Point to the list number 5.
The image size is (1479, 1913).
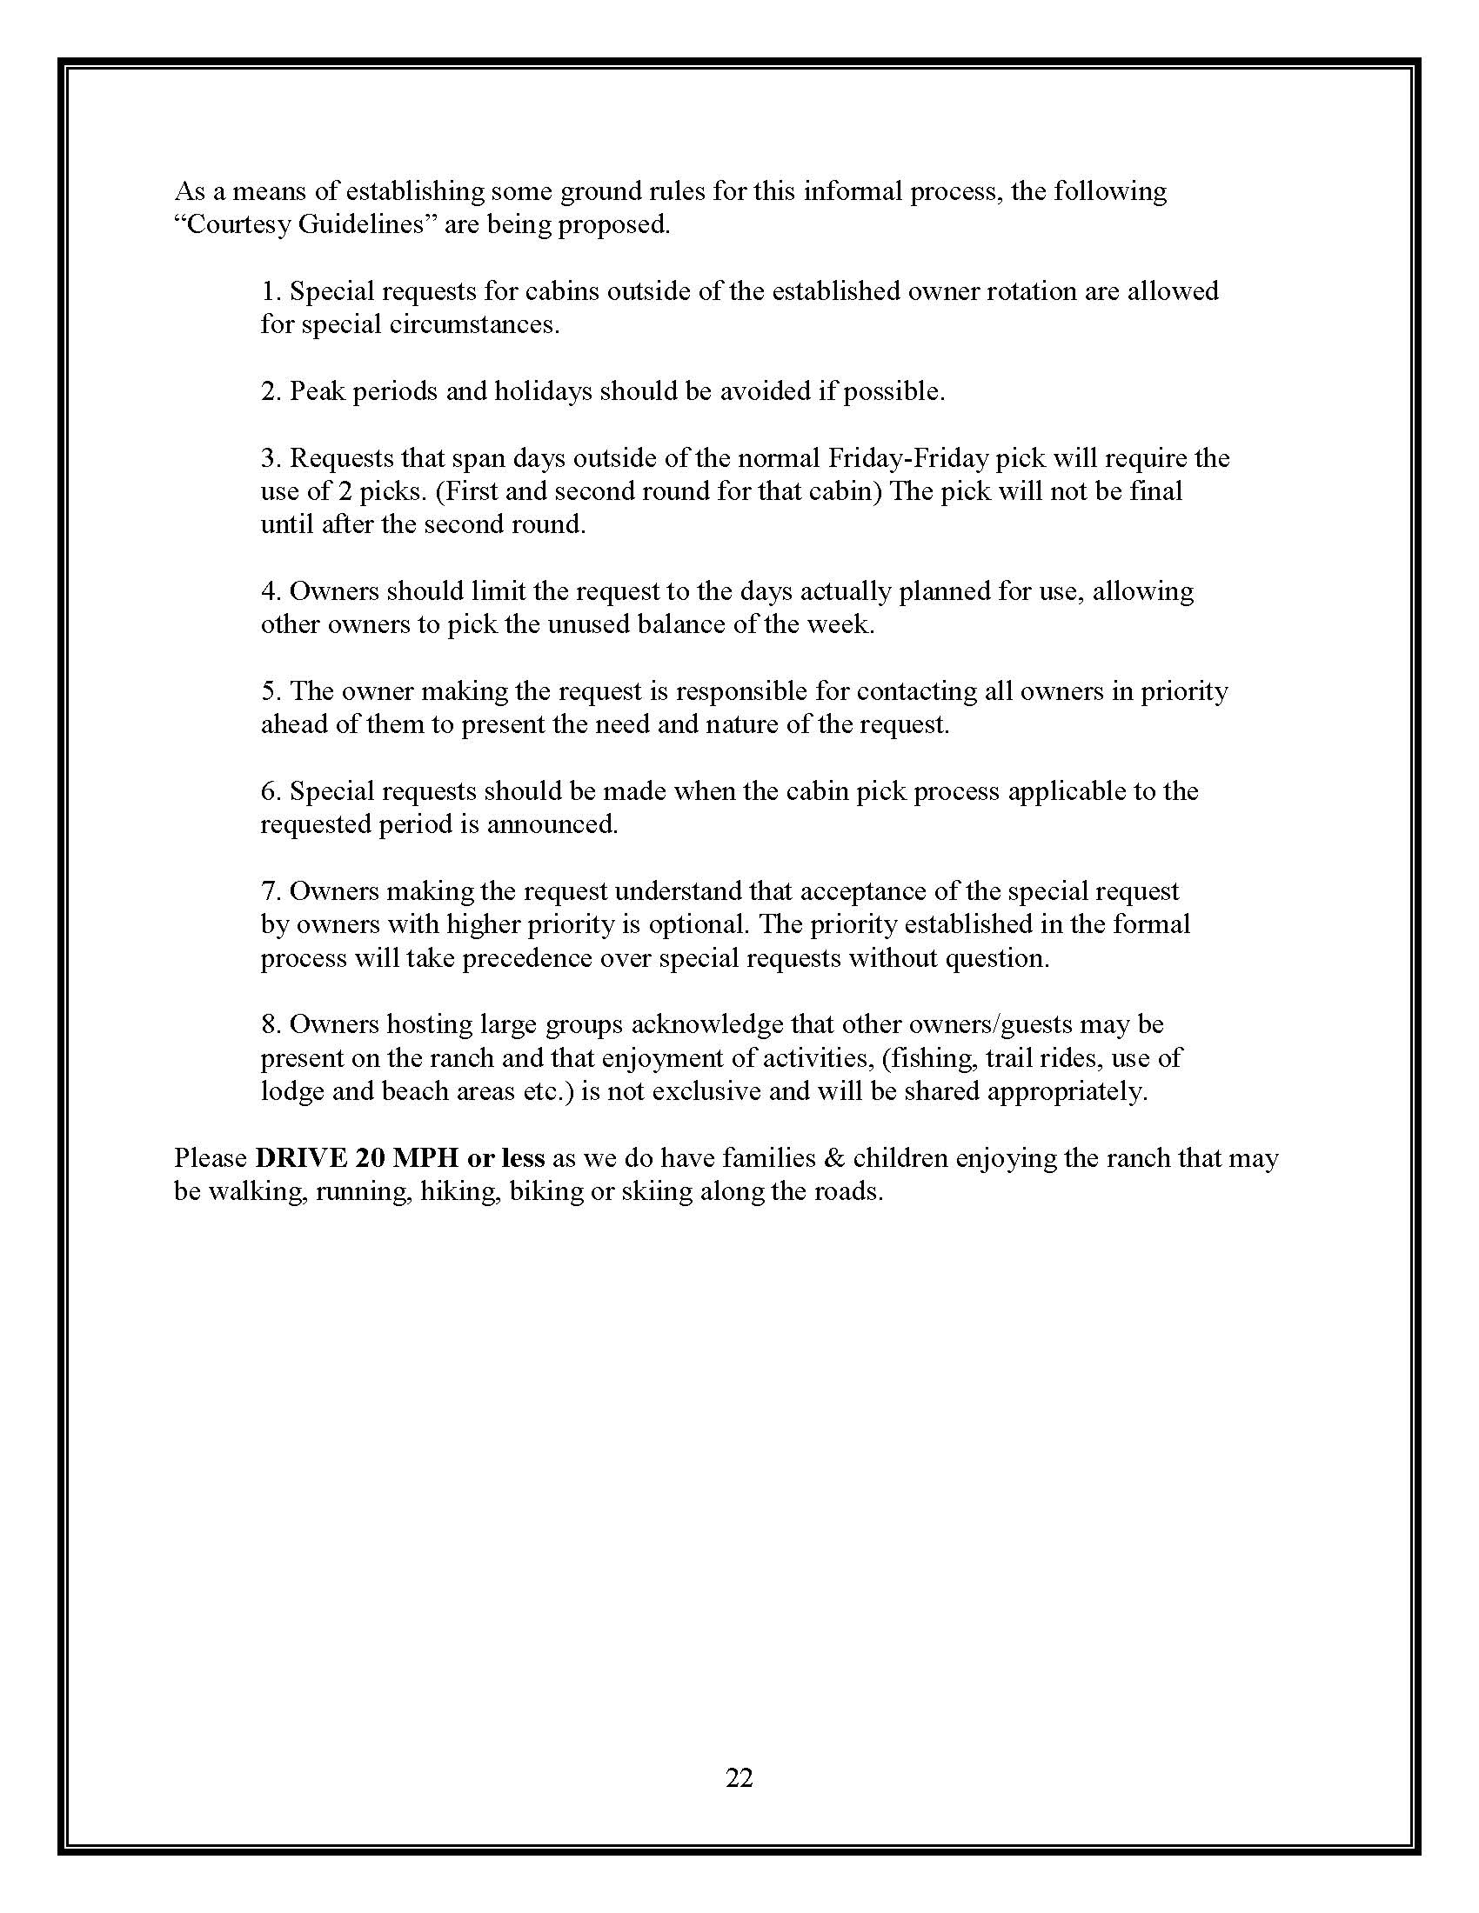(269, 691)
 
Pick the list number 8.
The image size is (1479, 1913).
(269, 1024)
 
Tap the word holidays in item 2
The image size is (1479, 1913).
(542, 391)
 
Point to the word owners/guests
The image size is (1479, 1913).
(994, 1024)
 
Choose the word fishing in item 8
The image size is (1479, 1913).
(934, 1058)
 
